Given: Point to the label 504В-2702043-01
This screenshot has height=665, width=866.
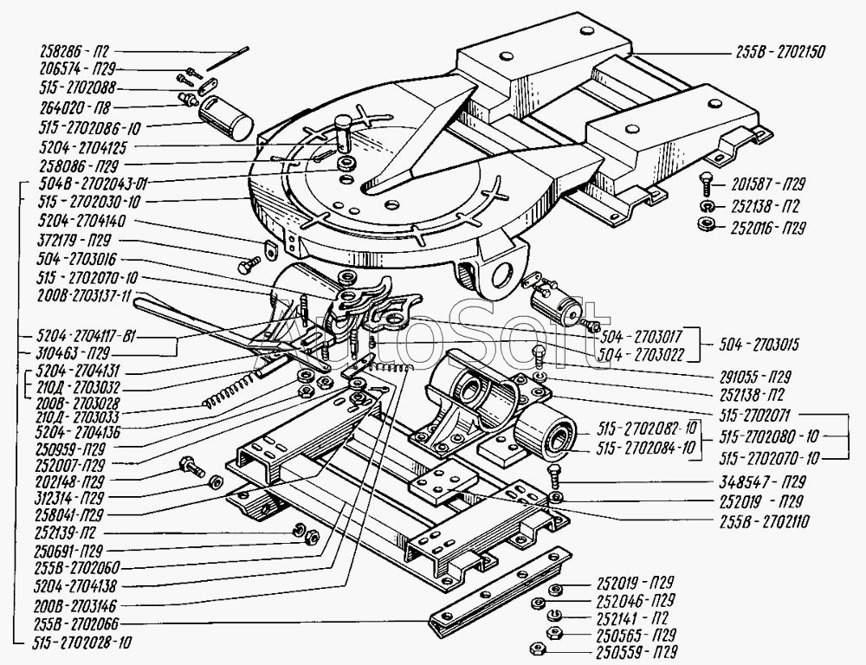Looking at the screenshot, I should [x=90, y=183].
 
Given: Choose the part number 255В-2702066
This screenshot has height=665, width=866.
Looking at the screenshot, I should [x=81, y=623].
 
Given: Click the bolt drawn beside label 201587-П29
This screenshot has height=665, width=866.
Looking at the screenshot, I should [x=705, y=185].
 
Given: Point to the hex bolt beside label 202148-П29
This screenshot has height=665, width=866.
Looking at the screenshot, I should [x=190, y=468].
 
